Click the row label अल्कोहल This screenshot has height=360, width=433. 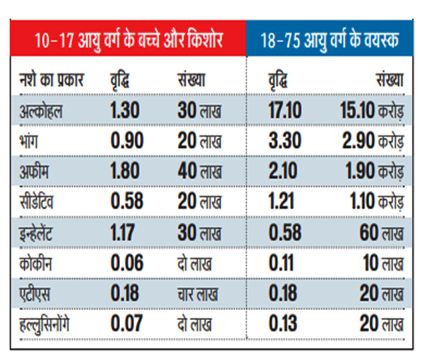(x=42, y=110)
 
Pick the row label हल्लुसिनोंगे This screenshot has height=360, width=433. (x=46, y=325)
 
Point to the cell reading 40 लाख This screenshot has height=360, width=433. (x=199, y=171)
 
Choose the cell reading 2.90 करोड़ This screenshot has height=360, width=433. (x=372, y=141)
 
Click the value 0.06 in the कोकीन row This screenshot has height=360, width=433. (x=127, y=263)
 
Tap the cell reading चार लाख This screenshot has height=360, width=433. (x=195, y=294)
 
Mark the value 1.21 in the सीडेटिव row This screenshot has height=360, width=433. (x=282, y=202)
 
